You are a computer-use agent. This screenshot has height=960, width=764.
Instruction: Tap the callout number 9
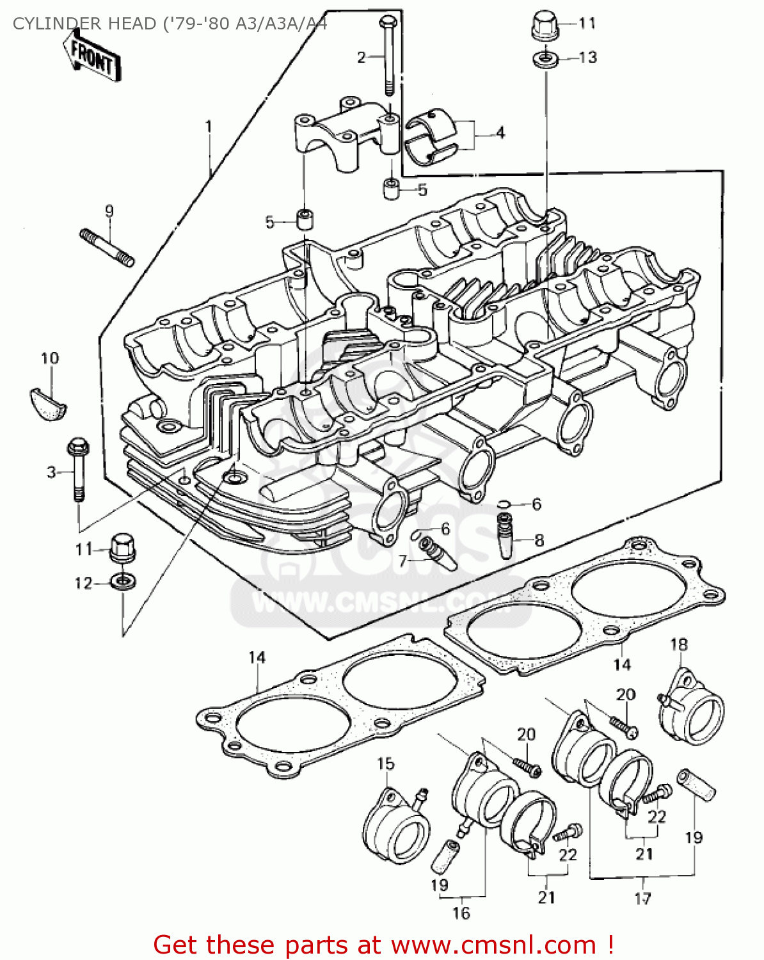click(x=109, y=211)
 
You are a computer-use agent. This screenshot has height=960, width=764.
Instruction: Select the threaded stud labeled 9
click(x=107, y=248)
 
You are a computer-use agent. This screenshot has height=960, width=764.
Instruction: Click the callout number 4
click(x=500, y=132)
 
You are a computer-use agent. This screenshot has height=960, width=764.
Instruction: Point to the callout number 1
click(x=208, y=126)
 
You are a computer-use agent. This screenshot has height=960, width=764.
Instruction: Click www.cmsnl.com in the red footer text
click(x=493, y=945)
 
